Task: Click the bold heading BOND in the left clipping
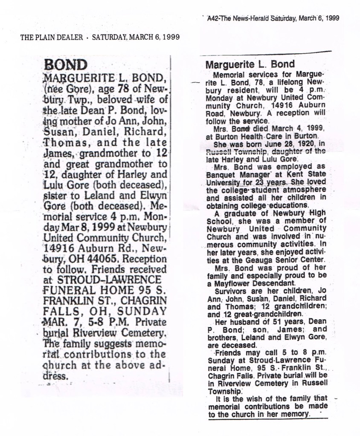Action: click(x=66, y=65)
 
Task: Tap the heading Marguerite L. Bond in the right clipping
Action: click(x=250, y=64)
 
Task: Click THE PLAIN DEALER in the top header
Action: click(x=51, y=37)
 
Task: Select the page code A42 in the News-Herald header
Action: click(x=212, y=18)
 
